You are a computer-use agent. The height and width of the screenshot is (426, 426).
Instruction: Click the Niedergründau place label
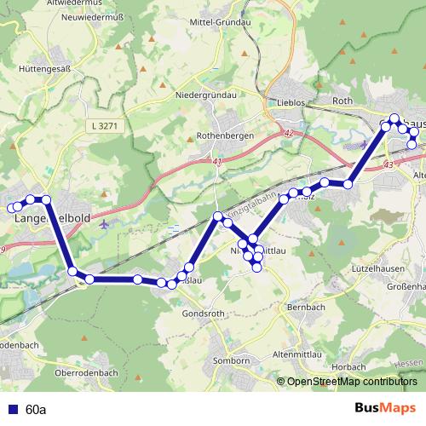coord(204,95)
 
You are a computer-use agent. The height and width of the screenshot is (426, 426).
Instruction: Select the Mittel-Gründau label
coord(224,24)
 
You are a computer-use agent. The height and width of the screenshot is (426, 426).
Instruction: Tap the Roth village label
coord(343,101)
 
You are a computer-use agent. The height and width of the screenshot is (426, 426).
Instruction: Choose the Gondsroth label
coord(204,313)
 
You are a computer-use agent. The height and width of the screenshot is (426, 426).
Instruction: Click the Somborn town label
coord(231,360)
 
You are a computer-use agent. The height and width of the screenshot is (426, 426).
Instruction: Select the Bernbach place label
coord(308,306)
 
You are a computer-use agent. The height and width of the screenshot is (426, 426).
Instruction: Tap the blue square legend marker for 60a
coord(11,410)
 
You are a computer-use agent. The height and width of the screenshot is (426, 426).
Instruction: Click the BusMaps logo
coord(384,409)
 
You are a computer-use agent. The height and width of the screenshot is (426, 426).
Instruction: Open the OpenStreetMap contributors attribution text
coord(352,383)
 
